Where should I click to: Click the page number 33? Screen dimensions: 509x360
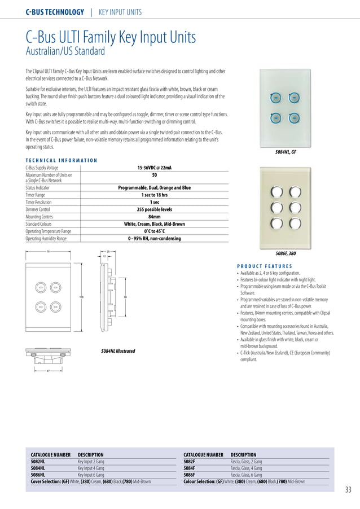click(348, 489)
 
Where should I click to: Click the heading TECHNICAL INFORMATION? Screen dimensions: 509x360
click(62, 160)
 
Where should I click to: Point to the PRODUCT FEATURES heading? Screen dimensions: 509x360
click(264, 266)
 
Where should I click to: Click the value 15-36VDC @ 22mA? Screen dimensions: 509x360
click(155, 168)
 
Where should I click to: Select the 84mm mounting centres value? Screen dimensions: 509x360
click(155, 216)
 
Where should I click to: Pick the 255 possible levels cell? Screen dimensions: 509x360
click(155, 209)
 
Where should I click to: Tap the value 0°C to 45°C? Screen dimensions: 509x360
click(155, 231)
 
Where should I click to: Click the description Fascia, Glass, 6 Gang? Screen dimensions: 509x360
click(247, 475)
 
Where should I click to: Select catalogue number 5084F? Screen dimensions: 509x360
click(190, 468)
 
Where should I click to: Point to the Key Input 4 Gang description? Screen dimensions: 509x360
click(91, 468)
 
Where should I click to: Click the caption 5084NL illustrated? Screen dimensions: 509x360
click(118, 351)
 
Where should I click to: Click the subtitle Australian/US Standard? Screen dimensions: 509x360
click(65, 52)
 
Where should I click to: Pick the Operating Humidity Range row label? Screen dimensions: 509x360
click(46, 238)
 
